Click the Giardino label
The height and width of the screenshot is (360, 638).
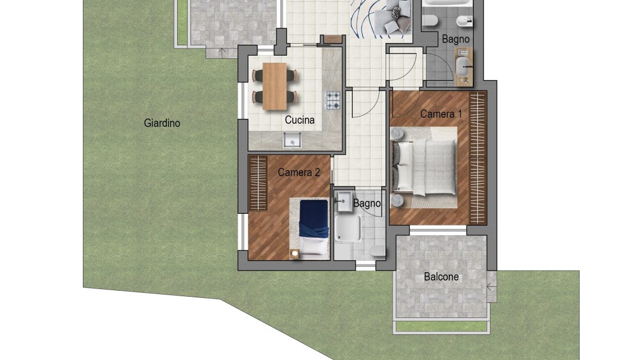point(162,123)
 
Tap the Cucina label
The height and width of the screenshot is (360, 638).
point(299,120)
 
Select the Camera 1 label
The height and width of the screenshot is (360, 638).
point(441,114)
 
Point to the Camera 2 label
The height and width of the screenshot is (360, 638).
point(299,172)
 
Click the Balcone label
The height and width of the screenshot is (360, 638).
point(441,277)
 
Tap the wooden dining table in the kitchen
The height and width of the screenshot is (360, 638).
point(275,86)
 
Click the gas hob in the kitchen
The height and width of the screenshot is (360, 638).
point(333,100)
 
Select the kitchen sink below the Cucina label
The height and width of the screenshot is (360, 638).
point(292,140)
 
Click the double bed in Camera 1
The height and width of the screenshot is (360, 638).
point(424,167)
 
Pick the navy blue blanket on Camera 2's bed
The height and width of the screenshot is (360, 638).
point(314,219)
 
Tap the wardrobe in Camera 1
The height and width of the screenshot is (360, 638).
point(478,158)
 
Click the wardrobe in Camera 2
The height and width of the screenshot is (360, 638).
point(257,183)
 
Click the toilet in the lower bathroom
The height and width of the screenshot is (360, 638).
point(378,251)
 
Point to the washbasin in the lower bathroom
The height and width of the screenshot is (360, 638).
point(344,201)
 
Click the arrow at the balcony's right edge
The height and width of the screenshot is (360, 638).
point(491,287)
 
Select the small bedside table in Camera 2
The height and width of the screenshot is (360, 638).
point(294,254)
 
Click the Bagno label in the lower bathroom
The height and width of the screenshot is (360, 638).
point(367,203)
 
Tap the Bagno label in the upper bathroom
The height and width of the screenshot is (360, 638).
point(456,39)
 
